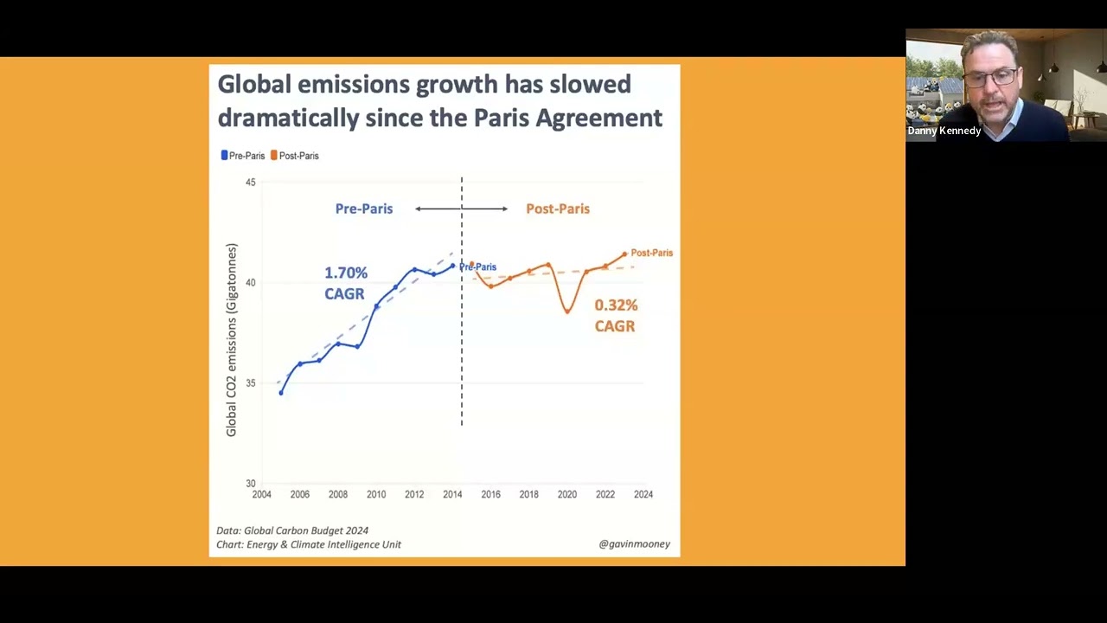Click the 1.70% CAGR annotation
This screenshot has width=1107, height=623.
click(345, 283)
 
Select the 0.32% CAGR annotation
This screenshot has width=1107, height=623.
click(616, 316)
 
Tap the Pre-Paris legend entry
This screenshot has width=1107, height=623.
click(243, 156)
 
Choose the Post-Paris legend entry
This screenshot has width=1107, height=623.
click(295, 156)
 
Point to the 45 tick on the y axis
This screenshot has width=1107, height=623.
click(251, 183)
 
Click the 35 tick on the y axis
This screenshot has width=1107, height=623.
click(251, 383)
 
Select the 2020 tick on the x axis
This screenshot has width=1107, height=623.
click(566, 494)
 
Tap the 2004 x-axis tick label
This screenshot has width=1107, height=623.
click(261, 494)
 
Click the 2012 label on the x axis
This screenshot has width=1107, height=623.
click(414, 494)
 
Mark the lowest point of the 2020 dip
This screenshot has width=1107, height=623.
click(567, 312)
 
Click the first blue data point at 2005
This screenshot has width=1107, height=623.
click(281, 393)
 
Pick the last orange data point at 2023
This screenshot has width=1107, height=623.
click(624, 254)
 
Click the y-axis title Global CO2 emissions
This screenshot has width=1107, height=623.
click(231, 340)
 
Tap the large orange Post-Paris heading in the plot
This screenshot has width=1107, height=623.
click(558, 209)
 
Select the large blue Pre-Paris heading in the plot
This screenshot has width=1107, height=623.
click(364, 209)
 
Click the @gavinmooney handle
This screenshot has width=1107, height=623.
click(635, 544)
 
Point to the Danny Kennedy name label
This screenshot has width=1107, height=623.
click(944, 131)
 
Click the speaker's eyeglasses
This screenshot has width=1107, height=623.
click(991, 78)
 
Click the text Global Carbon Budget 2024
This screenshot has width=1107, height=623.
click(306, 530)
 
